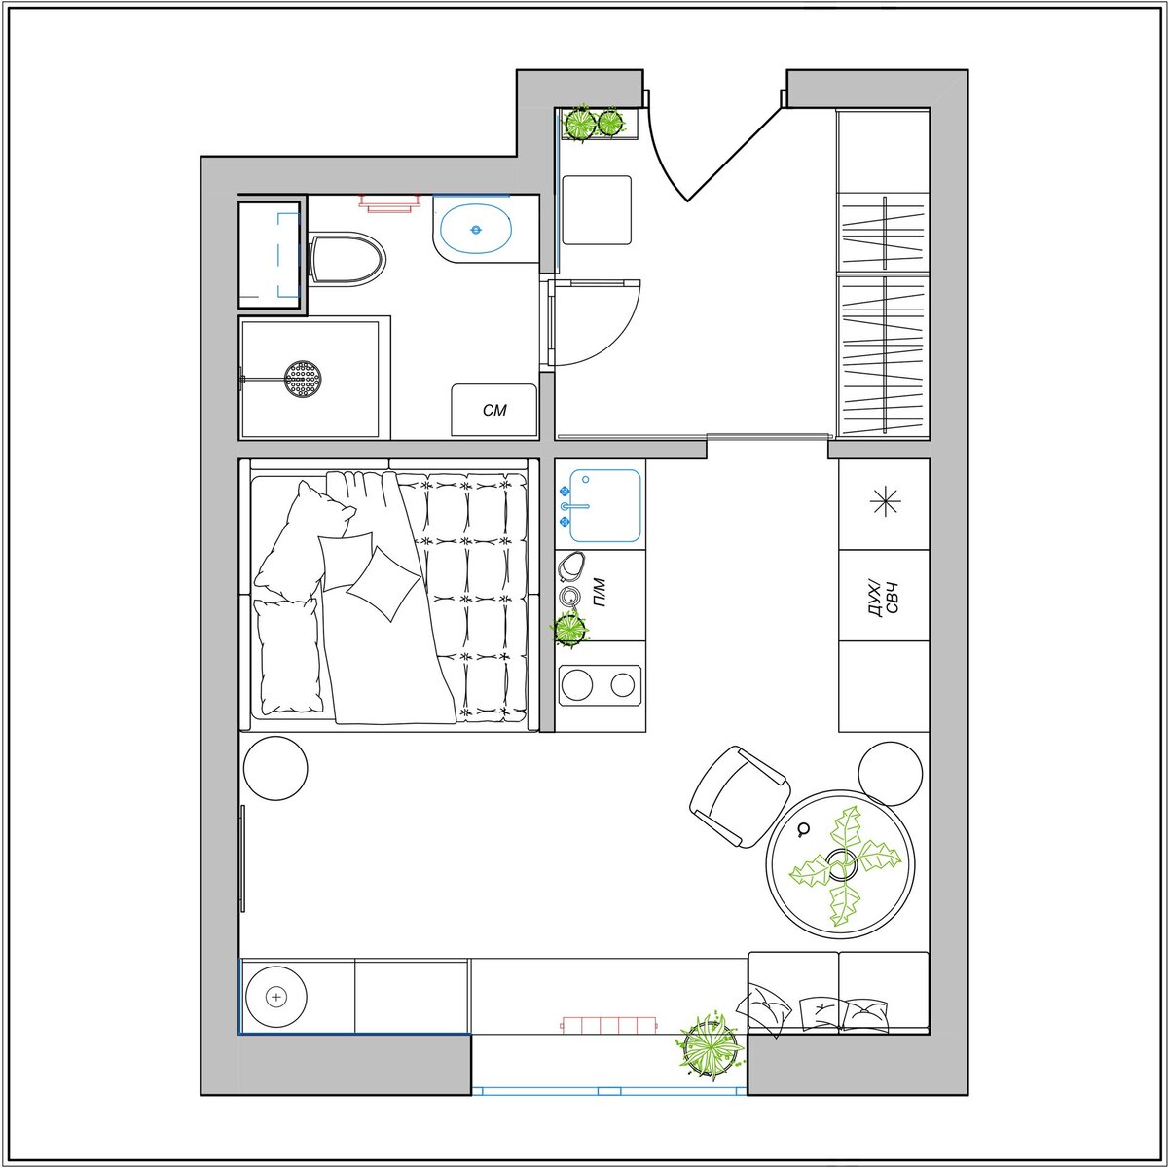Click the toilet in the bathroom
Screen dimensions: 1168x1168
(347, 259)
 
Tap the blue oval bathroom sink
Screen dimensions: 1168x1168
(476, 229)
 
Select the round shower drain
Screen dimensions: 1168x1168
(303, 379)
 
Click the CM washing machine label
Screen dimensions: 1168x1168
(494, 411)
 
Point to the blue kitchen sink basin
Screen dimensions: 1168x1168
(604, 505)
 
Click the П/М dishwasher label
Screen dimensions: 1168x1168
(599, 594)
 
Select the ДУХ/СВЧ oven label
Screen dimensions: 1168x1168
(884, 599)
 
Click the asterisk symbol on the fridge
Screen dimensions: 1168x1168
(886, 502)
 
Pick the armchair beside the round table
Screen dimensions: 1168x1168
(740, 796)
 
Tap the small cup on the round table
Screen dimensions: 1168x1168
(804, 829)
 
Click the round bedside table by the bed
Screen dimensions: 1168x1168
(275, 768)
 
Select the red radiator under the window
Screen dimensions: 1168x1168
(609, 1024)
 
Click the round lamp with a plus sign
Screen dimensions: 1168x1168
(276, 997)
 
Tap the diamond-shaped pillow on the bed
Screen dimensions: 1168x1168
(383, 582)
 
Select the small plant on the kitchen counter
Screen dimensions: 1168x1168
(569, 628)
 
